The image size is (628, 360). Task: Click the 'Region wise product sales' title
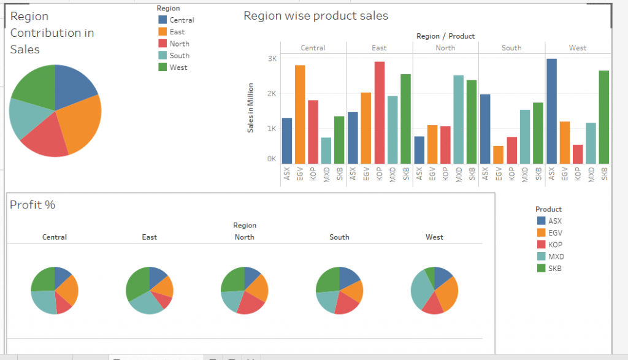(316, 16)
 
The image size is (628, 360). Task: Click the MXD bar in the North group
(458, 120)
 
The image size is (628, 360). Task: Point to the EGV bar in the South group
(498, 155)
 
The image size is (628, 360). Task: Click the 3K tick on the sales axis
(271, 59)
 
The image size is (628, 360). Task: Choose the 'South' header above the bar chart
(511, 48)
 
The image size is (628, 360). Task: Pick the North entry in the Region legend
(179, 44)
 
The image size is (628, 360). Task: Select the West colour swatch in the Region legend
(163, 67)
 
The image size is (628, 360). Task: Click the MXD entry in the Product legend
(555, 256)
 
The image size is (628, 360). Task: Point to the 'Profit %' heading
(33, 205)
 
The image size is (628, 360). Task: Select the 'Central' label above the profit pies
(55, 237)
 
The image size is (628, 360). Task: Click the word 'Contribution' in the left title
(52, 33)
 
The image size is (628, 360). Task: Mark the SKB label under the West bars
(605, 174)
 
